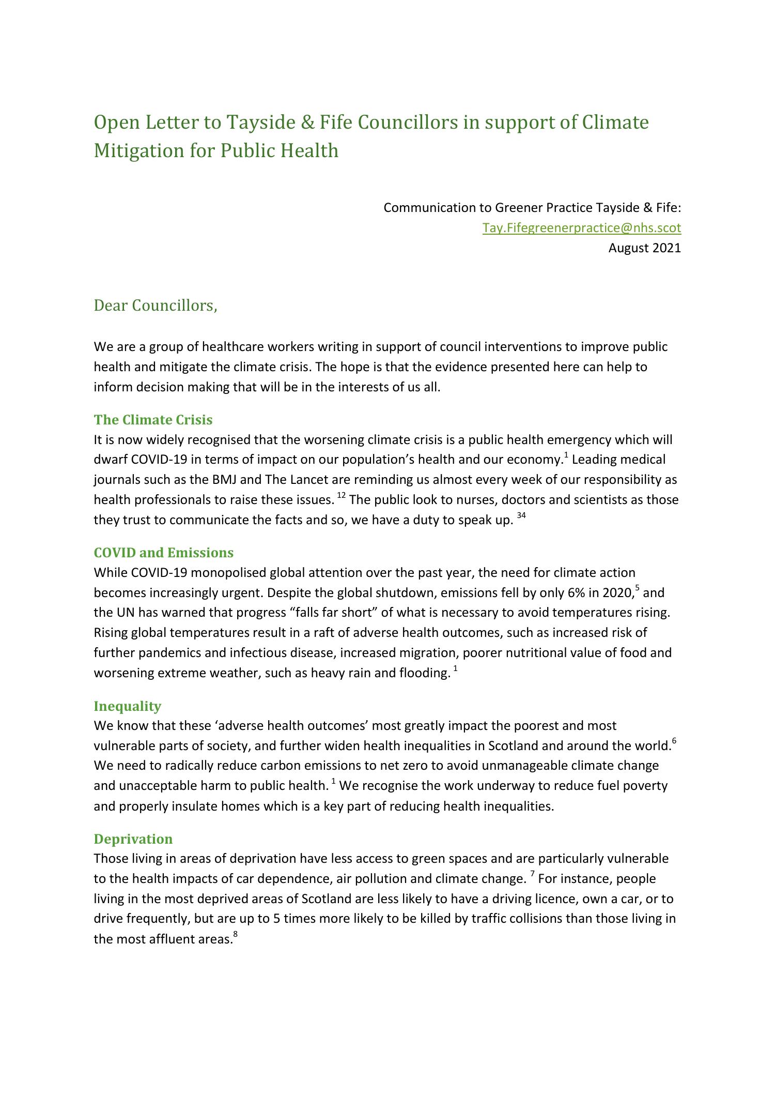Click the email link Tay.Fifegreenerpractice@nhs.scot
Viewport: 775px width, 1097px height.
581,228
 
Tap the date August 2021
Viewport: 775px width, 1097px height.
644,248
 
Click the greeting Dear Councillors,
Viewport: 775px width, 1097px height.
155,306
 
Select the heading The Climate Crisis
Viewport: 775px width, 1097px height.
153,420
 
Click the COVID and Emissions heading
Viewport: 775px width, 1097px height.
163,553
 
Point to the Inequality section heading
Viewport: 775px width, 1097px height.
127,706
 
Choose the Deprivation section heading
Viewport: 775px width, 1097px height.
133,839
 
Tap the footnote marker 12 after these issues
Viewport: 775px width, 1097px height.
342,496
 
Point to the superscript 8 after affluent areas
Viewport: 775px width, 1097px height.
235,934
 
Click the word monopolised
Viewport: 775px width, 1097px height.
216,573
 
